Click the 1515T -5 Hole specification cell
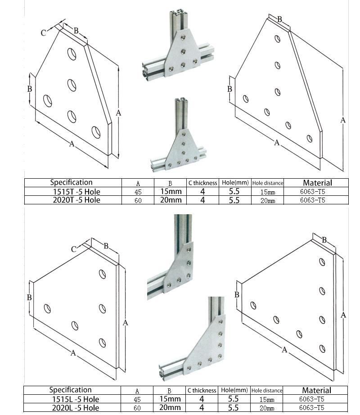coord(75,191)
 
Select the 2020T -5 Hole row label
coord(75,200)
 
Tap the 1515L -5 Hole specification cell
coord(74,399)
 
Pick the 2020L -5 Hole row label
coord(74,407)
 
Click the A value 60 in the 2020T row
coord(138,200)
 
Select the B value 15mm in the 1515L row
coord(170,399)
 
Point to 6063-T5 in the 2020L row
coord(312,408)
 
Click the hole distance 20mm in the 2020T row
coord(268,201)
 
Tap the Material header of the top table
coord(317,183)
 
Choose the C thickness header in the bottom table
coord(202,390)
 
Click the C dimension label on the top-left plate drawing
coord(44,33)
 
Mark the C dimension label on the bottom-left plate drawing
coord(73,249)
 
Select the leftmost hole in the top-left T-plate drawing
coord(46,99)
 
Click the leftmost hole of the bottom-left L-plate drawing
coord(47,308)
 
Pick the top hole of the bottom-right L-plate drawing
coord(322,262)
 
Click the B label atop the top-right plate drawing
coord(279,19)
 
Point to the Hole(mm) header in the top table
coord(234,183)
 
